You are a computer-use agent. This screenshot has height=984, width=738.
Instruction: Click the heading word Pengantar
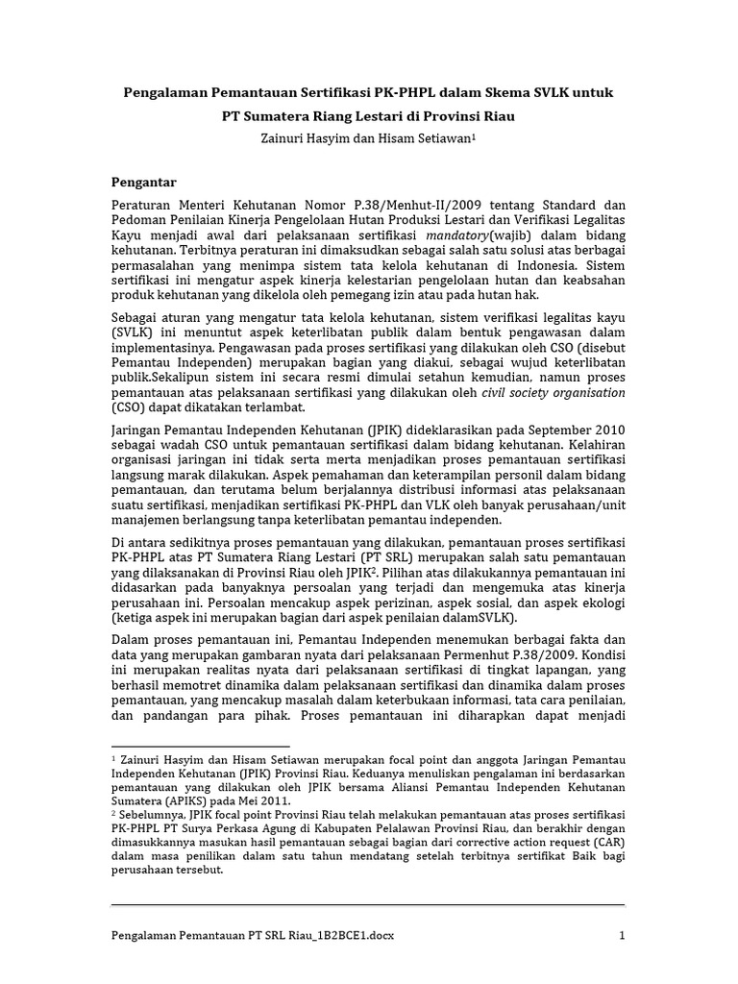(x=144, y=181)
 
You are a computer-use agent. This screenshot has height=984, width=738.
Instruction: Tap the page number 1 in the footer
(x=622, y=935)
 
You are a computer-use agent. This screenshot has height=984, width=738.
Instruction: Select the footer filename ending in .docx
(x=254, y=935)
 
